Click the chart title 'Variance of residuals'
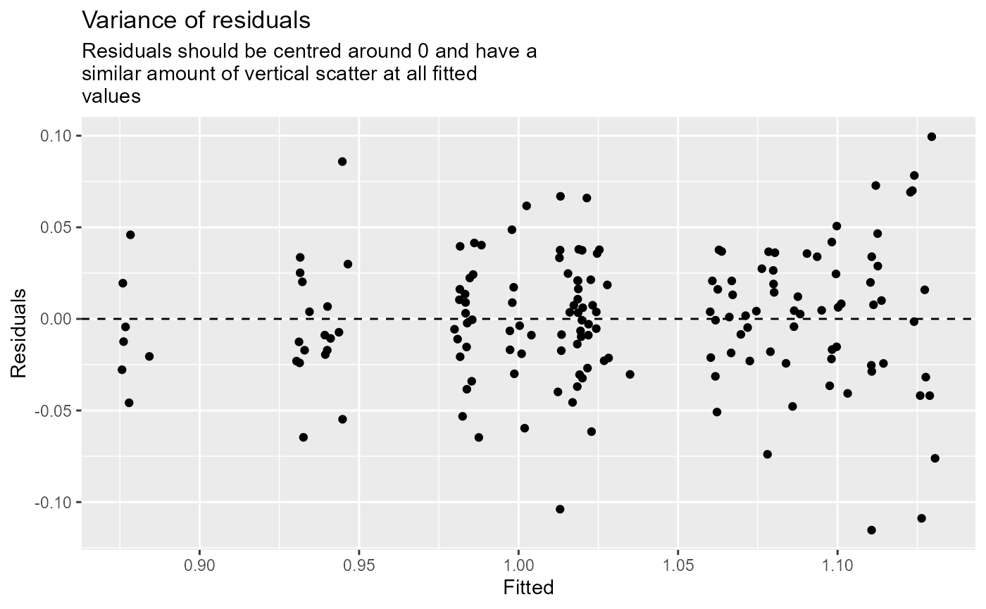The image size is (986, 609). point(196,20)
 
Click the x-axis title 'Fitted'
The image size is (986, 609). point(528,587)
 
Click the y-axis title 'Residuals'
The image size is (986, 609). point(19,332)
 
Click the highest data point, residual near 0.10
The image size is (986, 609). point(932,137)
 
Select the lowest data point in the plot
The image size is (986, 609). point(871,530)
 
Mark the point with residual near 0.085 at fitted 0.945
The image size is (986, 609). point(342,161)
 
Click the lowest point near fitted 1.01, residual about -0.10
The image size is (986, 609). point(560,509)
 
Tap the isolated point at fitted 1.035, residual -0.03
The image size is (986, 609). point(630,374)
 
